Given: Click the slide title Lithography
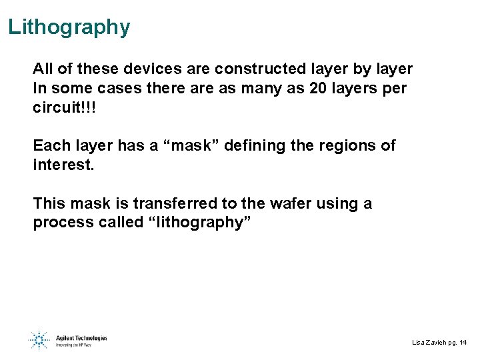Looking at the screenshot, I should pos(69,27).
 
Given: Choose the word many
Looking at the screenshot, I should pos(267,89).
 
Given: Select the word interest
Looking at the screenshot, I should pos(63,165).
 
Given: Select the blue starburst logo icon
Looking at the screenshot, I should pos(39,340).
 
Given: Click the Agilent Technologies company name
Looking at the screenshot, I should pos(81,338).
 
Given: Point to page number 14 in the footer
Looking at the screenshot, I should pos(463,342).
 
